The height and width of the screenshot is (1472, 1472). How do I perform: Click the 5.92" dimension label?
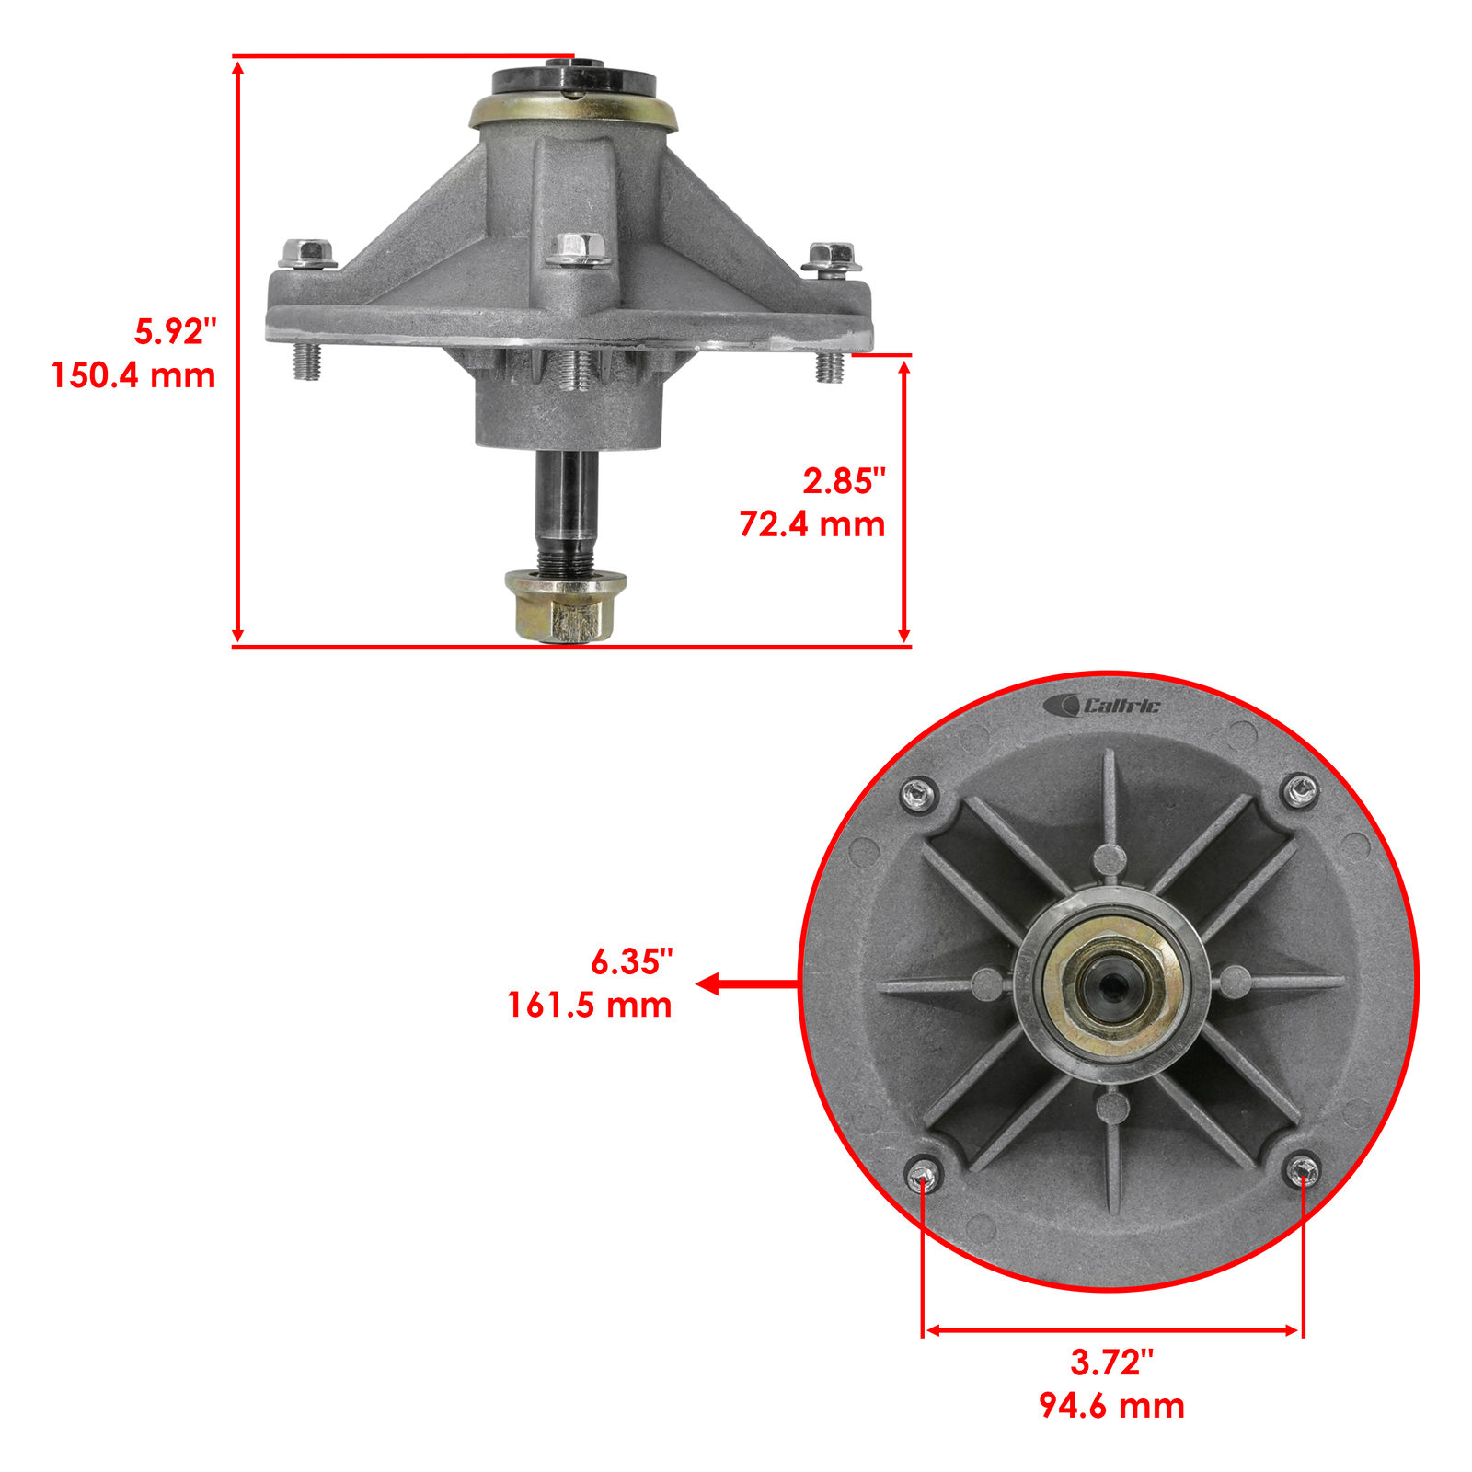(x=175, y=331)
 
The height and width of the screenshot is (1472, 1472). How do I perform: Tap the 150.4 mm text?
(x=133, y=375)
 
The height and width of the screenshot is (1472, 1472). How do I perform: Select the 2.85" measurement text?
(x=844, y=480)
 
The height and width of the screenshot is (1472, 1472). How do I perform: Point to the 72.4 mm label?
(x=812, y=524)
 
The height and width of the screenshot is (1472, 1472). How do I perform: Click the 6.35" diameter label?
(x=632, y=961)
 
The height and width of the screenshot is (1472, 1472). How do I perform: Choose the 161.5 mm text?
(x=590, y=1005)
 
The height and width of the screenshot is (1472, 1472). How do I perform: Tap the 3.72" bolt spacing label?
(x=1111, y=1363)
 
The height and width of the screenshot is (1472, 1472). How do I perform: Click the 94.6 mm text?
(x=1111, y=1406)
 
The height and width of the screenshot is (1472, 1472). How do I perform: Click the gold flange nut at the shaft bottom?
(x=565, y=606)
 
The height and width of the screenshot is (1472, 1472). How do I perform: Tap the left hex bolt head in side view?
(x=306, y=253)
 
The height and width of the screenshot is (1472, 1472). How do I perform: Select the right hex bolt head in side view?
(x=831, y=256)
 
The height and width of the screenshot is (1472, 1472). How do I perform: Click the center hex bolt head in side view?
(x=578, y=248)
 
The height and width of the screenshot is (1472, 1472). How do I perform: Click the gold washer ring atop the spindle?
(x=572, y=112)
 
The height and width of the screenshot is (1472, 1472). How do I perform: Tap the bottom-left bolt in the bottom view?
(x=922, y=1174)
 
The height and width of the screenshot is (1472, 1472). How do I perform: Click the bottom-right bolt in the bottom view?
(x=1301, y=1170)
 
